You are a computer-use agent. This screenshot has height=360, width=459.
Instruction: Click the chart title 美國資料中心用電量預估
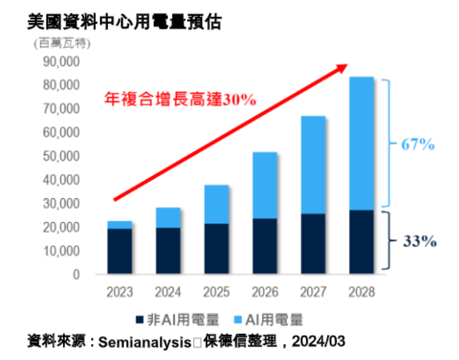125,22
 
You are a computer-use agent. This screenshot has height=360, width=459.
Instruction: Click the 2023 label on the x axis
120,292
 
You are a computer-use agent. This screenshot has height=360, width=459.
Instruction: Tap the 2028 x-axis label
361,292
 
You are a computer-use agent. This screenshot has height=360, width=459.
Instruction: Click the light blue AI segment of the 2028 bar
361,143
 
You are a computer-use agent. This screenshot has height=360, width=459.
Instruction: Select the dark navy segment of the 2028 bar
361,242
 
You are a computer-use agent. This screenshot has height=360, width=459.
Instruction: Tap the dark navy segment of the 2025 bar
216,248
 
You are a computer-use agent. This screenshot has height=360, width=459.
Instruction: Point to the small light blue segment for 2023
120,225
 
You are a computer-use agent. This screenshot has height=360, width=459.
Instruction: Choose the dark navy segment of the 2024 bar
168,250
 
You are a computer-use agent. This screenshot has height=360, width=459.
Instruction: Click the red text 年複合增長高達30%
180,99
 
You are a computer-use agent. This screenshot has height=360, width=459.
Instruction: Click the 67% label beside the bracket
418,145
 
